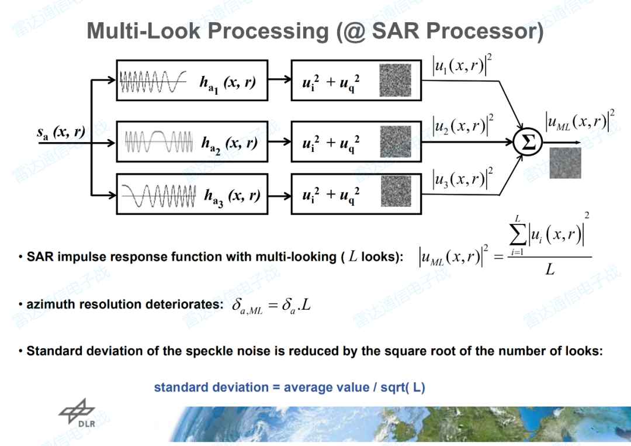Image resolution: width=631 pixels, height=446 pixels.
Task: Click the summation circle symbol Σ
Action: click(528, 143)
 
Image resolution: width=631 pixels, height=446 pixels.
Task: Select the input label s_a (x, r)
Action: click(61, 133)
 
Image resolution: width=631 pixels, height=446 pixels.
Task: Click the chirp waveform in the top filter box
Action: click(153, 82)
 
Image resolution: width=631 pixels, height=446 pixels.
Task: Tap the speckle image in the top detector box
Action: click(396, 80)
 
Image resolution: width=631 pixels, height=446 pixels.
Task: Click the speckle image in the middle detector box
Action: click(396, 141)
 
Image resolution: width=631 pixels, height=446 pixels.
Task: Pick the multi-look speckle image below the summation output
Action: click(565, 163)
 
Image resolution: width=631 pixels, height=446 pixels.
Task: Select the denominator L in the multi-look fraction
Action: click(550, 270)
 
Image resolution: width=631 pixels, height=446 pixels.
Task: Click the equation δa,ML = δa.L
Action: click(271, 305)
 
